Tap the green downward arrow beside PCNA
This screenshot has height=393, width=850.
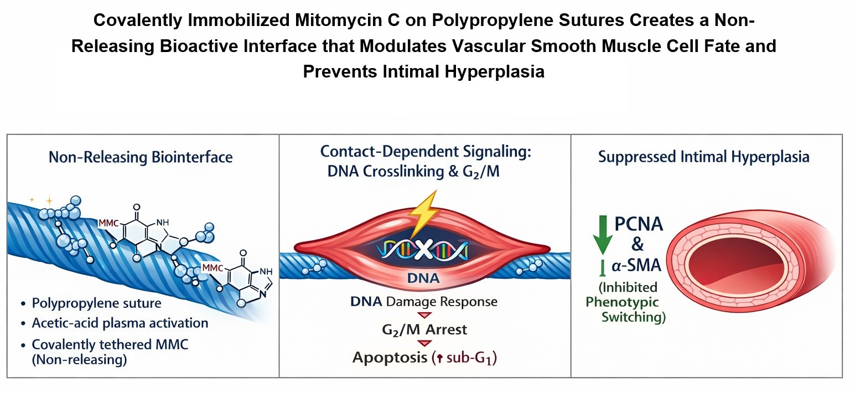[603, 235]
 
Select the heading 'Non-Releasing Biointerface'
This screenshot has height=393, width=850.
[141, 157]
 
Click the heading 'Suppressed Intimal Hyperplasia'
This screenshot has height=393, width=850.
[704, 157]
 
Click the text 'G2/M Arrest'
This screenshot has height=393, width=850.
[425, 329]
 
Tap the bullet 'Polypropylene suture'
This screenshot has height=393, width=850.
[96, 304]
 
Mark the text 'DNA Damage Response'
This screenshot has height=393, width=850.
[424, 302]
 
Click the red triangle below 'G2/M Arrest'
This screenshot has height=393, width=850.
[425, 343]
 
